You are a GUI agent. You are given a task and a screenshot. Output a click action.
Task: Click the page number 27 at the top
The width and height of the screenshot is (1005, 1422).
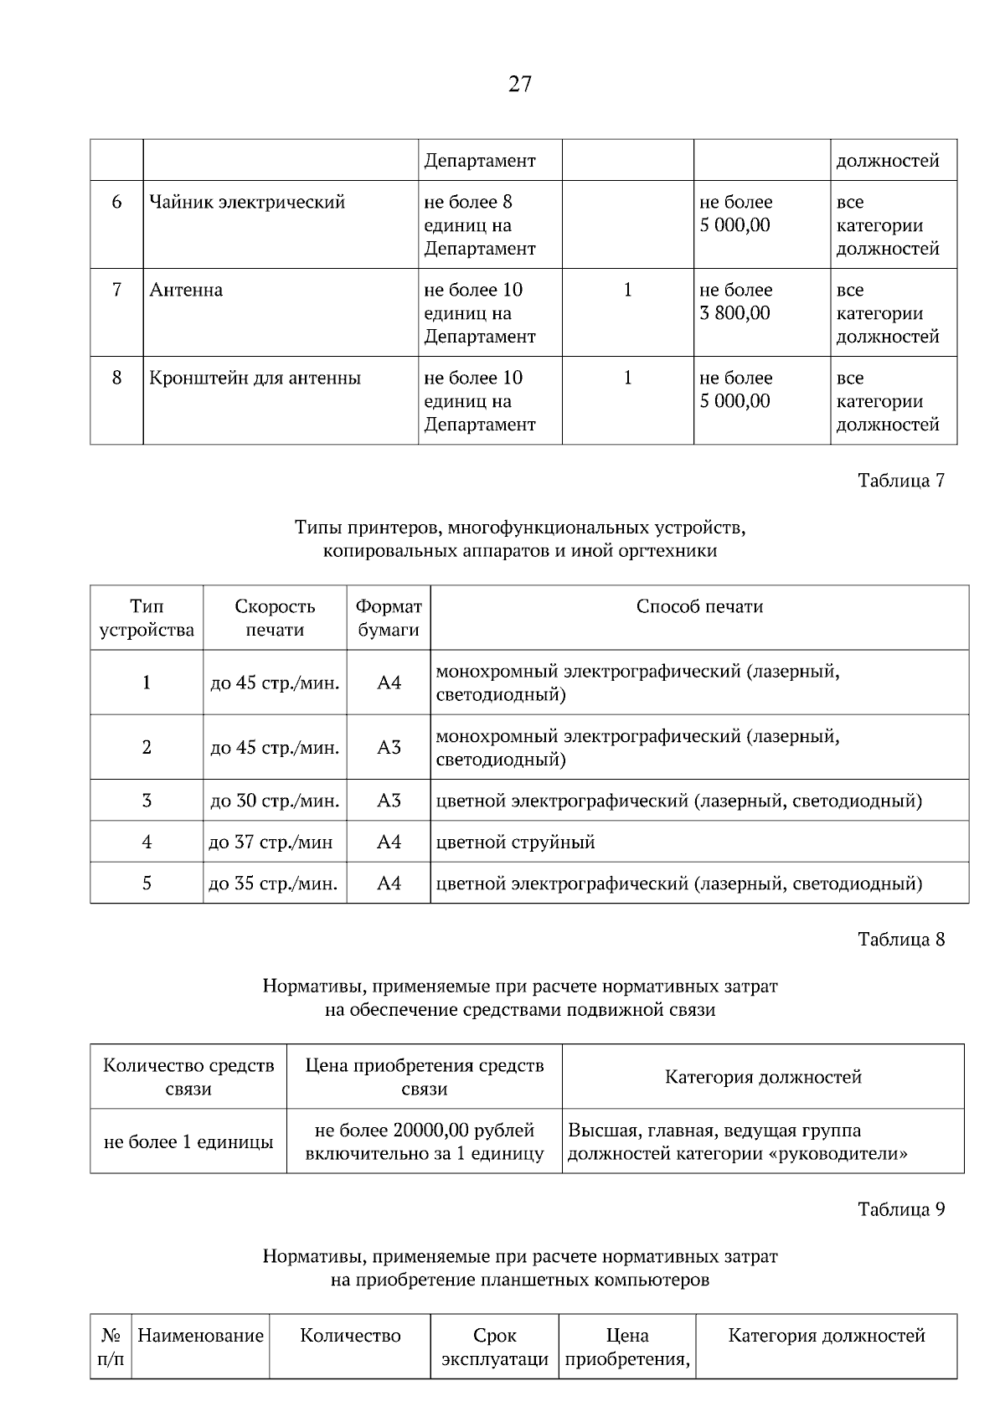coord(519,84)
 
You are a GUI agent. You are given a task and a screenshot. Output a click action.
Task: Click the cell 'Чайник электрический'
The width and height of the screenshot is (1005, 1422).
coord(247,203)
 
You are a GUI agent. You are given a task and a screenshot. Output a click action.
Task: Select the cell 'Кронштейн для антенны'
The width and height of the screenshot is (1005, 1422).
coord(255,379)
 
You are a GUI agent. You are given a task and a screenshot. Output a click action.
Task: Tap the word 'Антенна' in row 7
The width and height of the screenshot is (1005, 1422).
coord(186,291)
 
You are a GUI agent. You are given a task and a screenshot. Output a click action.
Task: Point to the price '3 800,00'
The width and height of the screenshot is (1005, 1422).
coord(734,314)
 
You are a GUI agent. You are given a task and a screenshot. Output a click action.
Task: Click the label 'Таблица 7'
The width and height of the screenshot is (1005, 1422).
coord(901,481)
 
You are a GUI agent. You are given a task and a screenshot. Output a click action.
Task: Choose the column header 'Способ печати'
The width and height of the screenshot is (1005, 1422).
coord(699,607)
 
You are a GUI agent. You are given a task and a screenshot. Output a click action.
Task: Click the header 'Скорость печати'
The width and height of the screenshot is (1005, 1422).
coord(275,618)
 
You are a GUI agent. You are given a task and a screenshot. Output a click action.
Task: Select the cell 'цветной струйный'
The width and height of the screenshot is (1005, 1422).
coord(516,842)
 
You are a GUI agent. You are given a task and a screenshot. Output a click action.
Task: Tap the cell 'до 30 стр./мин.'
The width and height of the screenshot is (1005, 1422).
coord(275,801)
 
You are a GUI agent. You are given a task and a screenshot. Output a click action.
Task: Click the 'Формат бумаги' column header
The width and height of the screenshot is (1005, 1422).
coord(389,618)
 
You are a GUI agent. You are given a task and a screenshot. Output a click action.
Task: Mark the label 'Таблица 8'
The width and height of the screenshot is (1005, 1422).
coord(901,940)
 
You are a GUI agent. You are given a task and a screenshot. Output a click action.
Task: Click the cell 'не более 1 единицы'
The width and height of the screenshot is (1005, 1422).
coord(188,1142)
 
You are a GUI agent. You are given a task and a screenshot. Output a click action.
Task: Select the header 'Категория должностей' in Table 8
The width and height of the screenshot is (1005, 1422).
coord(763,1078)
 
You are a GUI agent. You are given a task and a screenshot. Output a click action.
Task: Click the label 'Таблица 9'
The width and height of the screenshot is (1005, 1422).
coord(901,1210)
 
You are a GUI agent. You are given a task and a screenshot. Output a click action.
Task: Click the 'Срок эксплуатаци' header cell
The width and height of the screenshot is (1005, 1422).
coord(495,1347)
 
